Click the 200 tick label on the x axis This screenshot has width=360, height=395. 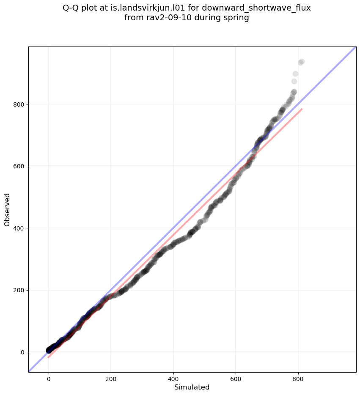point(111,379)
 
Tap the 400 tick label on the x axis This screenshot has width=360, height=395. point(173,379)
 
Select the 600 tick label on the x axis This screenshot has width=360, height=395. point(236,379)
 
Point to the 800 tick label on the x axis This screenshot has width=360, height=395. point(298,379)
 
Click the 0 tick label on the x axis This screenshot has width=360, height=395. point(49,379)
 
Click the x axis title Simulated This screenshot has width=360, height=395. point(192,387)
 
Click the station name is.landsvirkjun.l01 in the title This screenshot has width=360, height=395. point(156,8)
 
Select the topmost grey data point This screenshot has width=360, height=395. point(302,62)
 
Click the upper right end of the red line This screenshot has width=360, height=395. point(302,109)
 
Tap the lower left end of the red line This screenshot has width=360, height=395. point(49,357)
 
